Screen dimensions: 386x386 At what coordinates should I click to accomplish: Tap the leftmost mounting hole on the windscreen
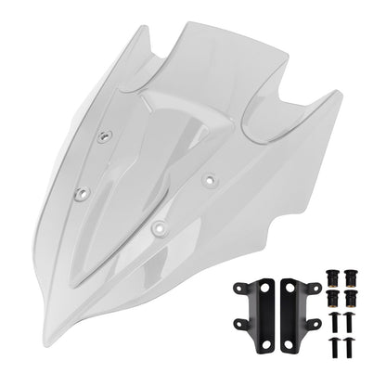click(x=80, y=193)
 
